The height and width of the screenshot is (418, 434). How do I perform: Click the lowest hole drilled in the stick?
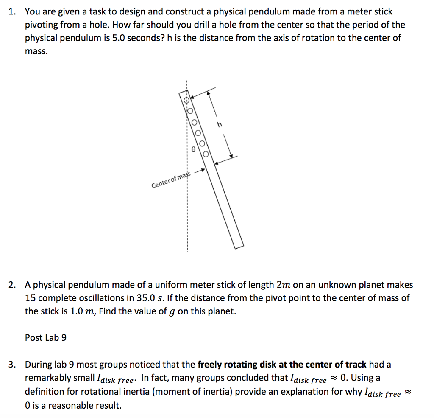coord(206,154)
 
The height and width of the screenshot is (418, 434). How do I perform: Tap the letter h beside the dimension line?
coord(219,124)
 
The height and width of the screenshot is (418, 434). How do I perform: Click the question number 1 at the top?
coord(12,12)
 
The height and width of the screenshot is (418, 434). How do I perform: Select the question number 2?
coord(12,285)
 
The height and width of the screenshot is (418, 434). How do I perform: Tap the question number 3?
coord(12,365)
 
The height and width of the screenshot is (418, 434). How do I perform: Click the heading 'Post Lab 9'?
coord(46,338)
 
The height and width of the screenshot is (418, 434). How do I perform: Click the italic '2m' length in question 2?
coord(282,285)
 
